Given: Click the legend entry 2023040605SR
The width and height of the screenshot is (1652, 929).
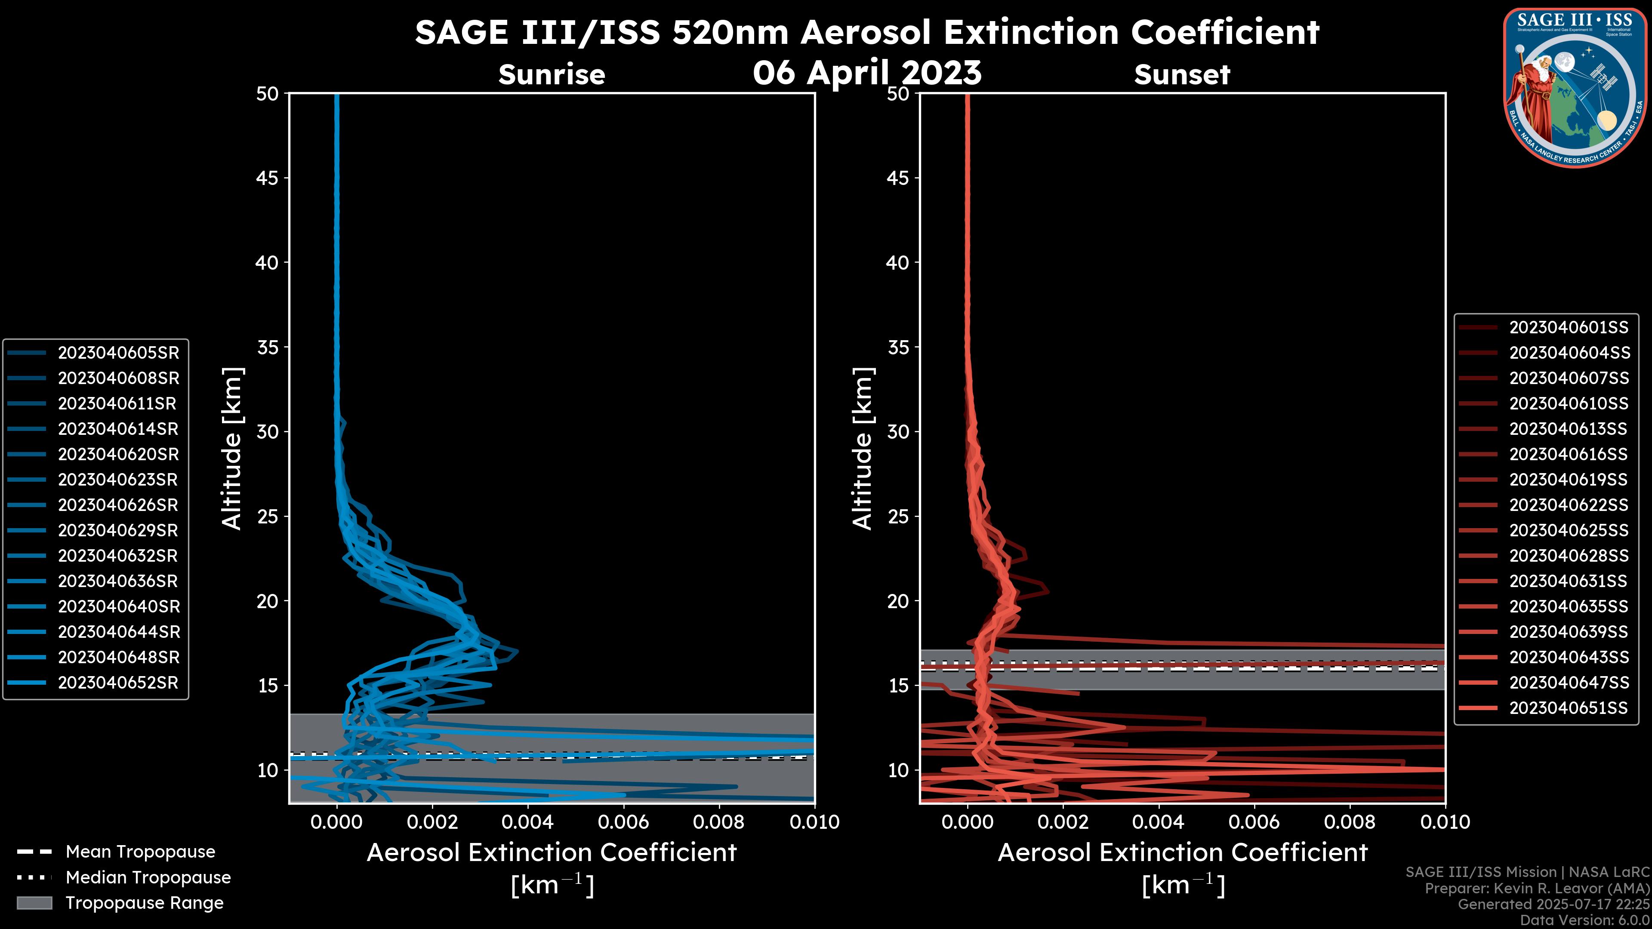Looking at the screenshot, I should coord(118,353).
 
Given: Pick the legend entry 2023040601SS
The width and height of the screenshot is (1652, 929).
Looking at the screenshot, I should coord(1569,328).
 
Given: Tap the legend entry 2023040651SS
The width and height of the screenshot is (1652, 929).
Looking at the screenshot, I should coord(1569,708).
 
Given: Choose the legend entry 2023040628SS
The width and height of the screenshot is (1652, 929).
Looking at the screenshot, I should coord(1569,556).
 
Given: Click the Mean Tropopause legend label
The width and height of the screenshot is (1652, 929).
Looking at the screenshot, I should coord(140,852).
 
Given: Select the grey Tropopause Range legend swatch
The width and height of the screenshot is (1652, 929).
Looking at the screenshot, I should coord(34,903).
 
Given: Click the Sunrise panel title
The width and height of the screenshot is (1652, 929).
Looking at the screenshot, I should coord(552,75).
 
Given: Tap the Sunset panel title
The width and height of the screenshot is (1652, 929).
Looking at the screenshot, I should coord(1182,75).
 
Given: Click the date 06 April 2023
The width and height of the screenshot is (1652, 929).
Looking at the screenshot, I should coord(867,72).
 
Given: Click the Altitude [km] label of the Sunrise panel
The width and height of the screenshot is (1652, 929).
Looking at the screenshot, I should coord(231,448).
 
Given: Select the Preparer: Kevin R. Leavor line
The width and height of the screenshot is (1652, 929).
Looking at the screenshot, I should coord(1537,889).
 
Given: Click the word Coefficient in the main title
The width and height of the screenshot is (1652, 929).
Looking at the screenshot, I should coord(1224,32).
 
